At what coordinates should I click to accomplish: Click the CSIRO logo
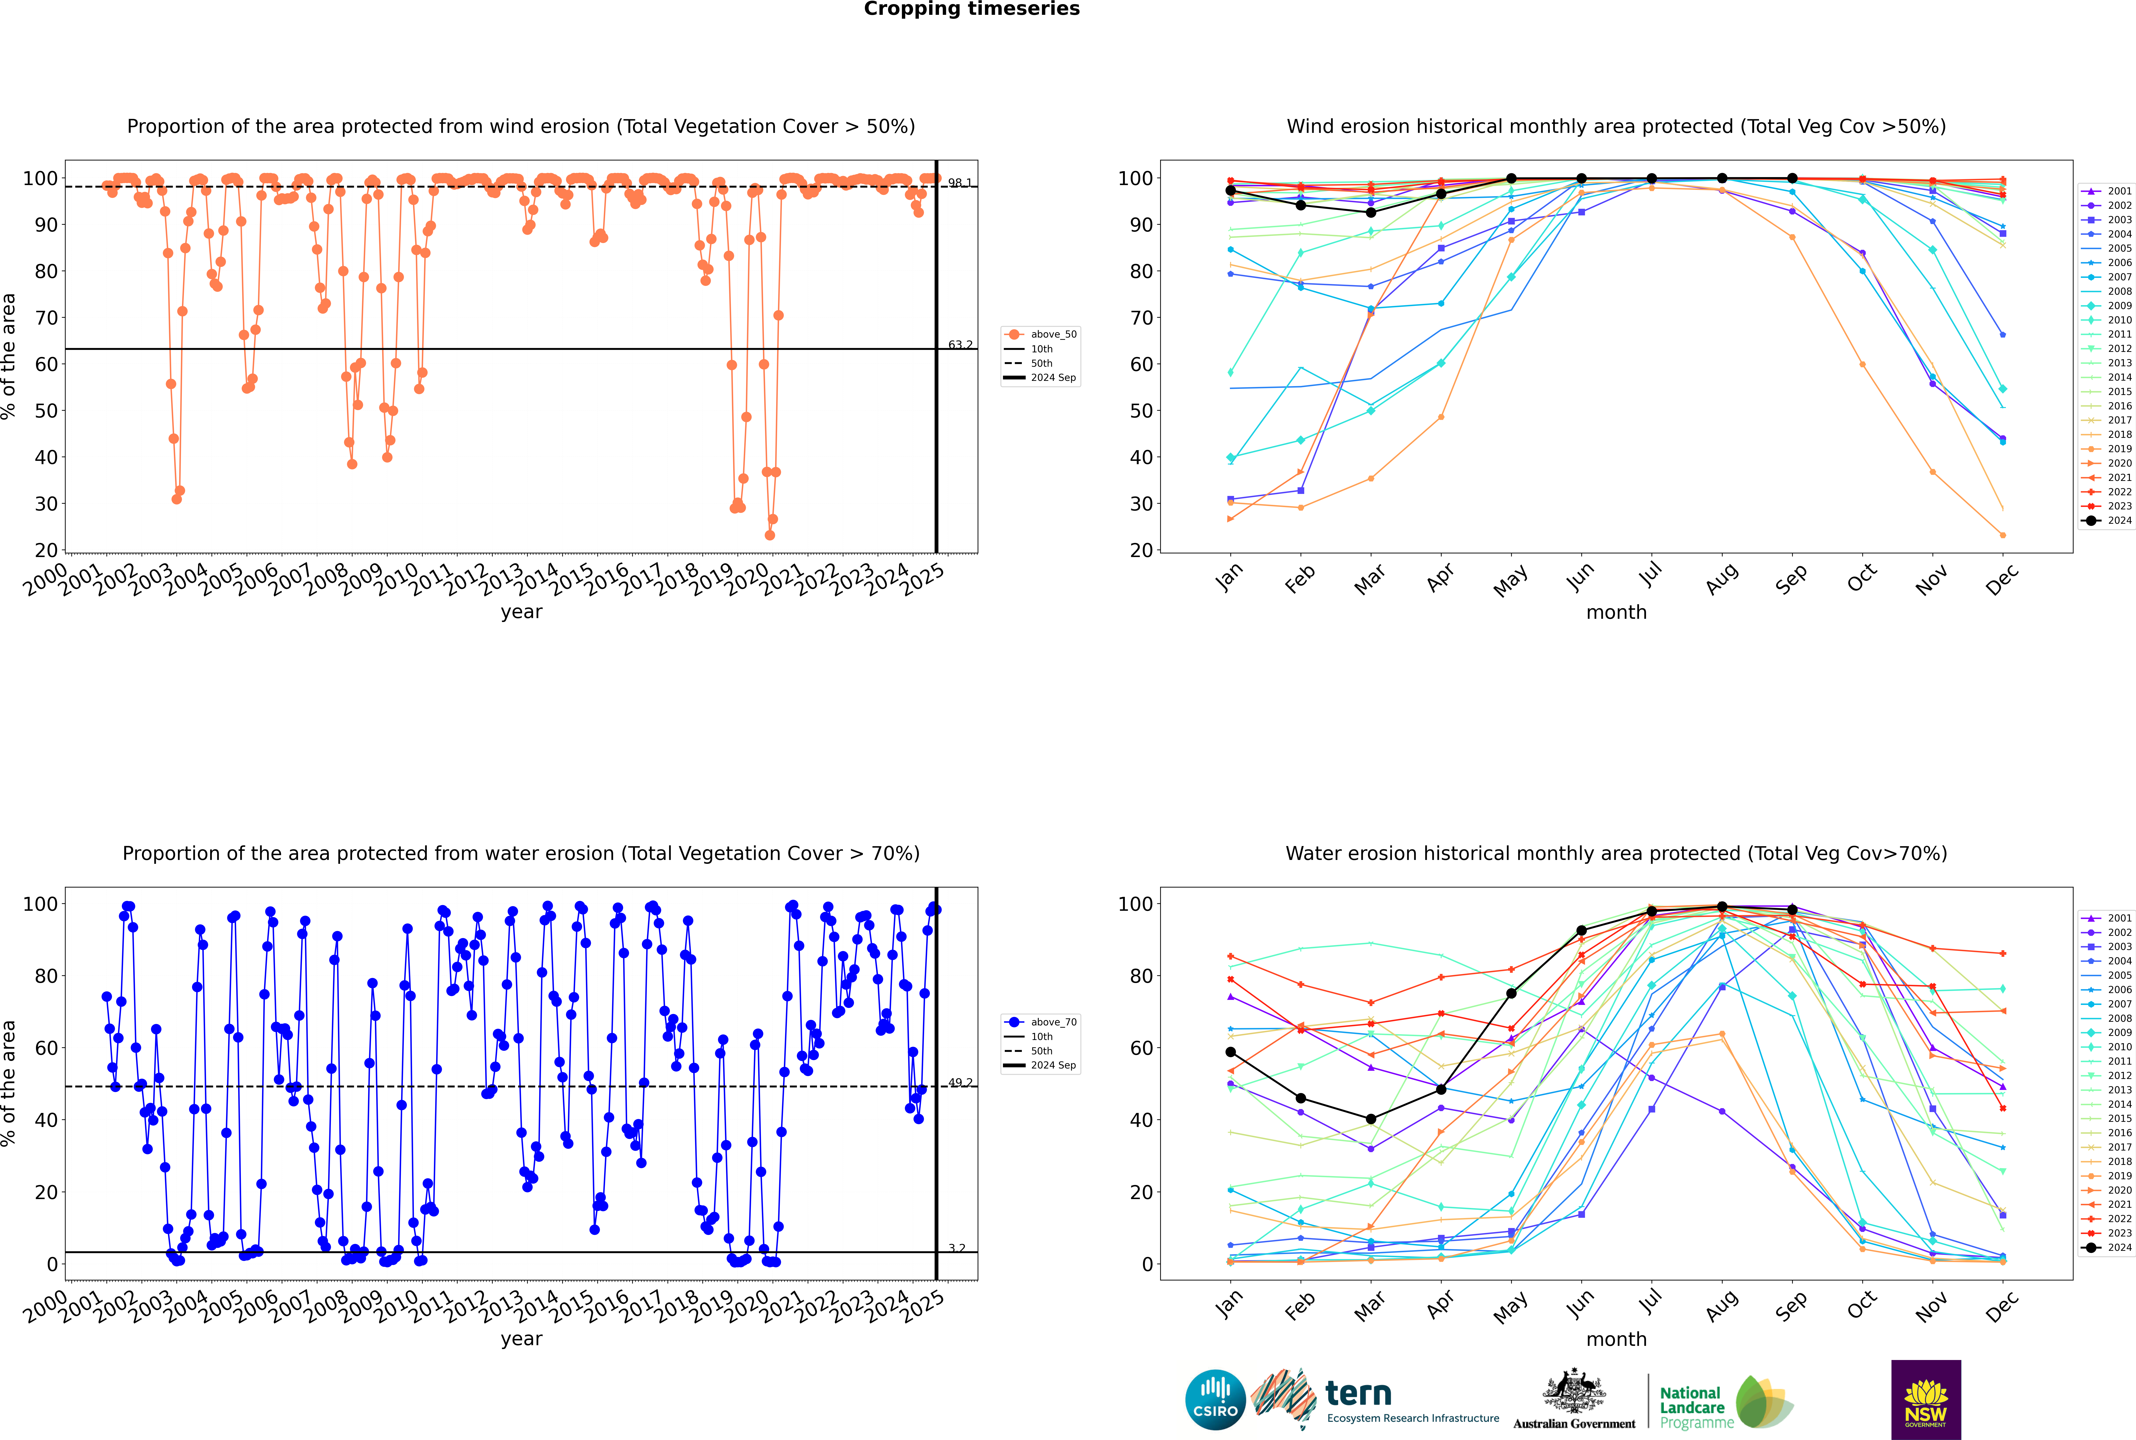(1215, 1401)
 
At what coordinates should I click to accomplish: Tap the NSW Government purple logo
(1926, 1399)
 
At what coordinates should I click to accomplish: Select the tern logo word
(1358, 1394)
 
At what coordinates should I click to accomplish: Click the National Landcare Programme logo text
(1692, 1407)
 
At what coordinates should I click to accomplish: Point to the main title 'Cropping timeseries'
(971, 9)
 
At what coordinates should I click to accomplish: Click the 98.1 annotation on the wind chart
(960, 183)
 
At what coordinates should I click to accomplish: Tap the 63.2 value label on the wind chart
(960, 344)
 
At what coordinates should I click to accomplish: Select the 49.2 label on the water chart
(960, 1083)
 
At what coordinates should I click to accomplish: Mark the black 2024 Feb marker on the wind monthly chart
(1300, 205)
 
